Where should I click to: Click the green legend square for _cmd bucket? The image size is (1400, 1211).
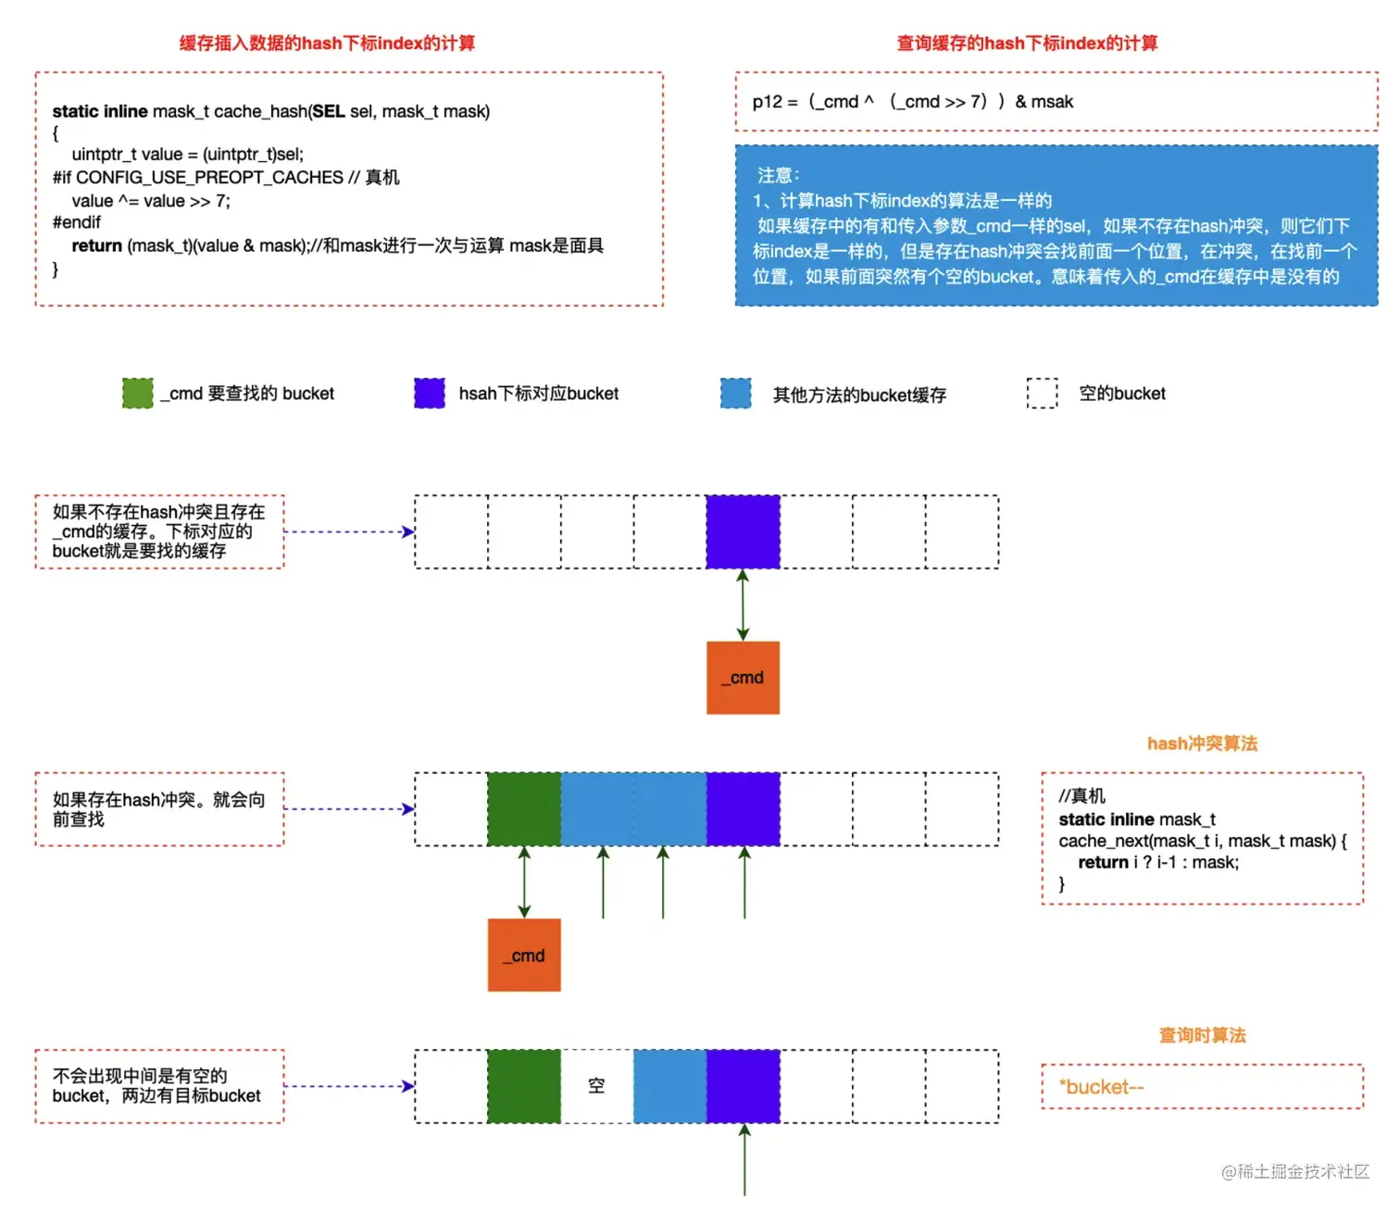pos(138,393)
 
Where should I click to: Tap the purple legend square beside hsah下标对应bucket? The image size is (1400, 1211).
pos(430,393)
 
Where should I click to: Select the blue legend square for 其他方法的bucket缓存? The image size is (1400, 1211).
pos(736,393)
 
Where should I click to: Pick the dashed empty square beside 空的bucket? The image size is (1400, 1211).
pos(1042,393)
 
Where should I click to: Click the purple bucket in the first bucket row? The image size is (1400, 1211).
pos(743,531)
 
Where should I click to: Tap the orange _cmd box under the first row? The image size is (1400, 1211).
pos(743,678)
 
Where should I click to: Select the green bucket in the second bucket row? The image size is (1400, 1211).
pos(524,809)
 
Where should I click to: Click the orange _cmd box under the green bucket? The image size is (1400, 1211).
pos(524,955)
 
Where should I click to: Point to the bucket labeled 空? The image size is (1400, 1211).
pos(596,1086)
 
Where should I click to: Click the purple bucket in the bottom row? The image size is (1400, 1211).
pos(743,1086)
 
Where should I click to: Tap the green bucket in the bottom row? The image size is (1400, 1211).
pos(524,1086)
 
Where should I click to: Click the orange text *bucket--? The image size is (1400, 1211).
pos(1102,1087)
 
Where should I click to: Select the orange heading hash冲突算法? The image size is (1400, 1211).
pos(1202,743)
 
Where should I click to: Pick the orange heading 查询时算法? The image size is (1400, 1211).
pos(1202,1035)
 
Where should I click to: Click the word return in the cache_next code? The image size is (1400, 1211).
pos(1103,863)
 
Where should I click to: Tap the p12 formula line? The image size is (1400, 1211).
pos(912,102)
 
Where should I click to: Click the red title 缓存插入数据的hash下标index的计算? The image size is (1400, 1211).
pos(327,44)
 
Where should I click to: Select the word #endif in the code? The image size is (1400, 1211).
pos(77,222)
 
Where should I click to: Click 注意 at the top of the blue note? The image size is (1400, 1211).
pos(778,175)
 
